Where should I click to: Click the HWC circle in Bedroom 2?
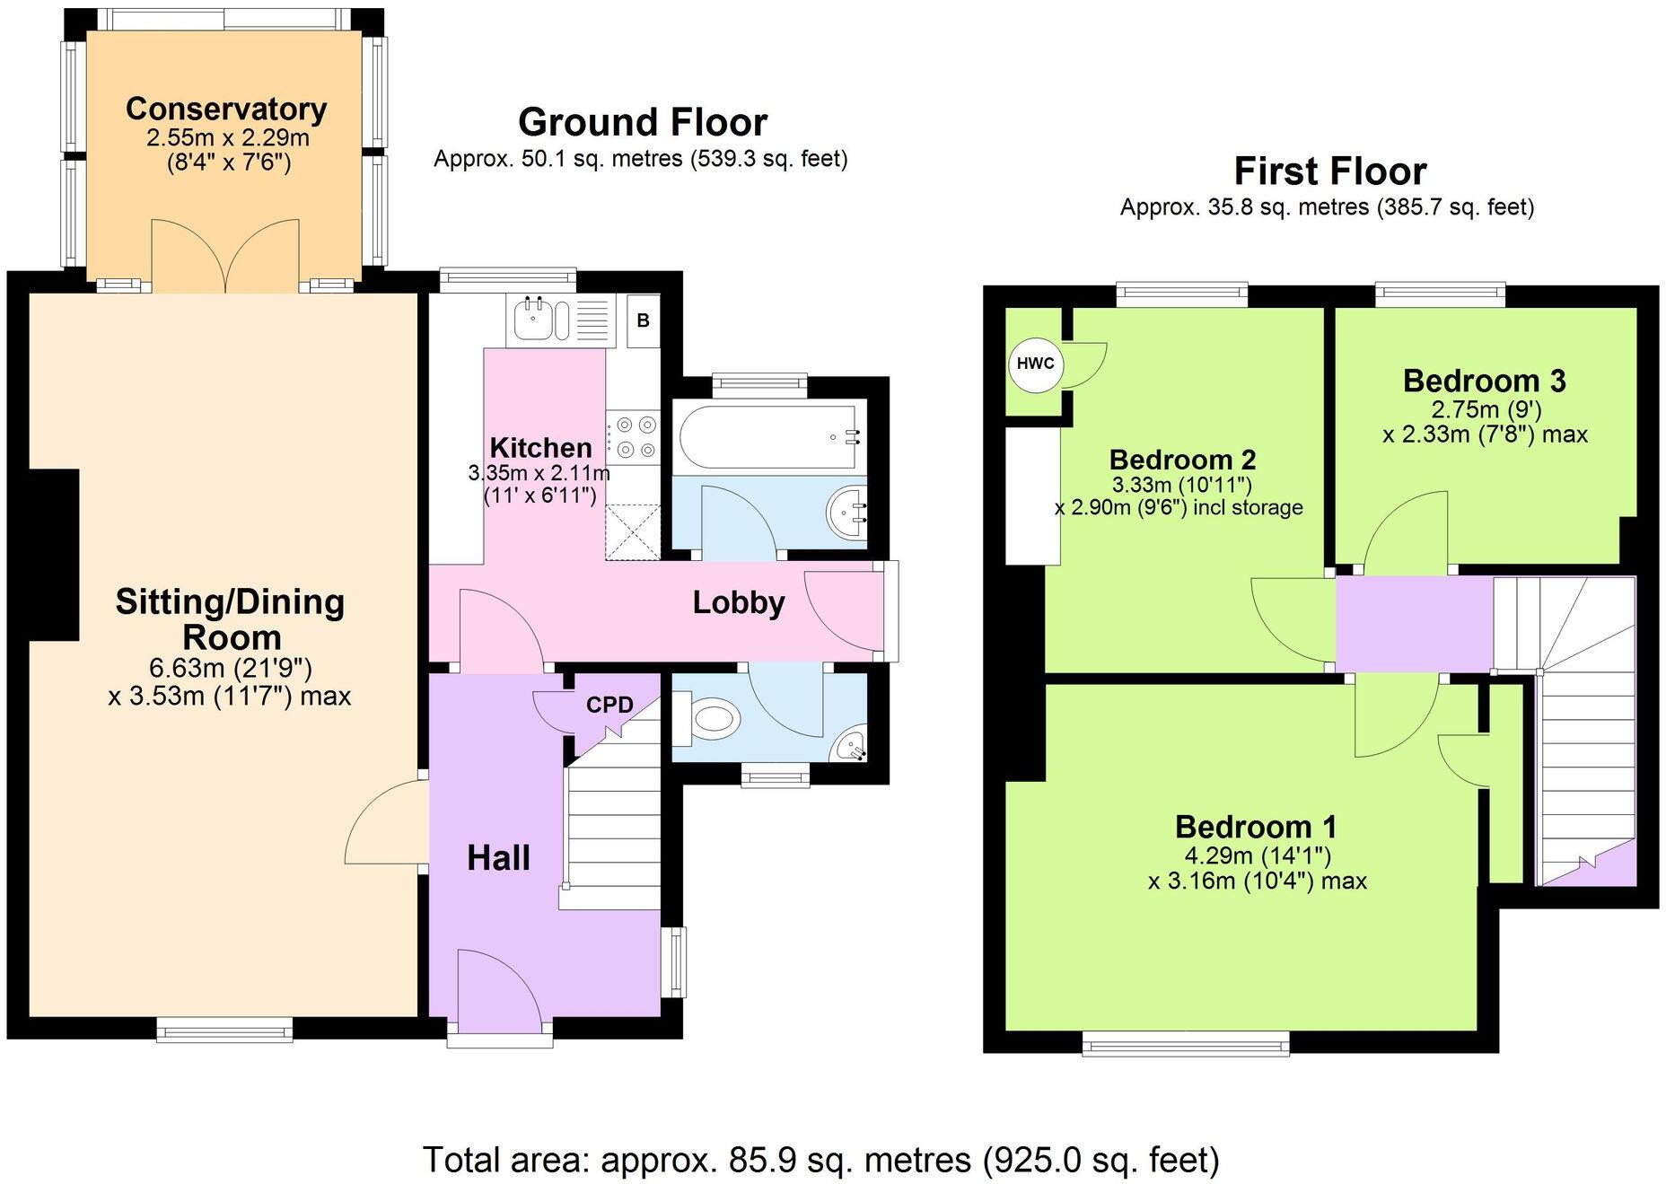pos(1036,364)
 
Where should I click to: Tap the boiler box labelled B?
pos(643,320)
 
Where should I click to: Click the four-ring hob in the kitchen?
pos(633,436)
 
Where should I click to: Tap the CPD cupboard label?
pos(609,705)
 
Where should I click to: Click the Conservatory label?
pos(226,109)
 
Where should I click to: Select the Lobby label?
pos(738,602)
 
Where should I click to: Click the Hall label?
pos(498,858)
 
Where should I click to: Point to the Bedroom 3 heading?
pos(1484,381)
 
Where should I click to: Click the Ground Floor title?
pos(643,122)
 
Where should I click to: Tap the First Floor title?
pos(1329,171)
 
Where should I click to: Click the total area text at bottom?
pos(820,1159)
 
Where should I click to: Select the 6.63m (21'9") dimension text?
pos(230,668)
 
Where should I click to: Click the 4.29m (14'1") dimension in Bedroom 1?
pos(1257,855)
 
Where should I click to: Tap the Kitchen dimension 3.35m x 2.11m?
pos(539,472)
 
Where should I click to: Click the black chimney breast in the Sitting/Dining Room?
pos(54,555)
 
